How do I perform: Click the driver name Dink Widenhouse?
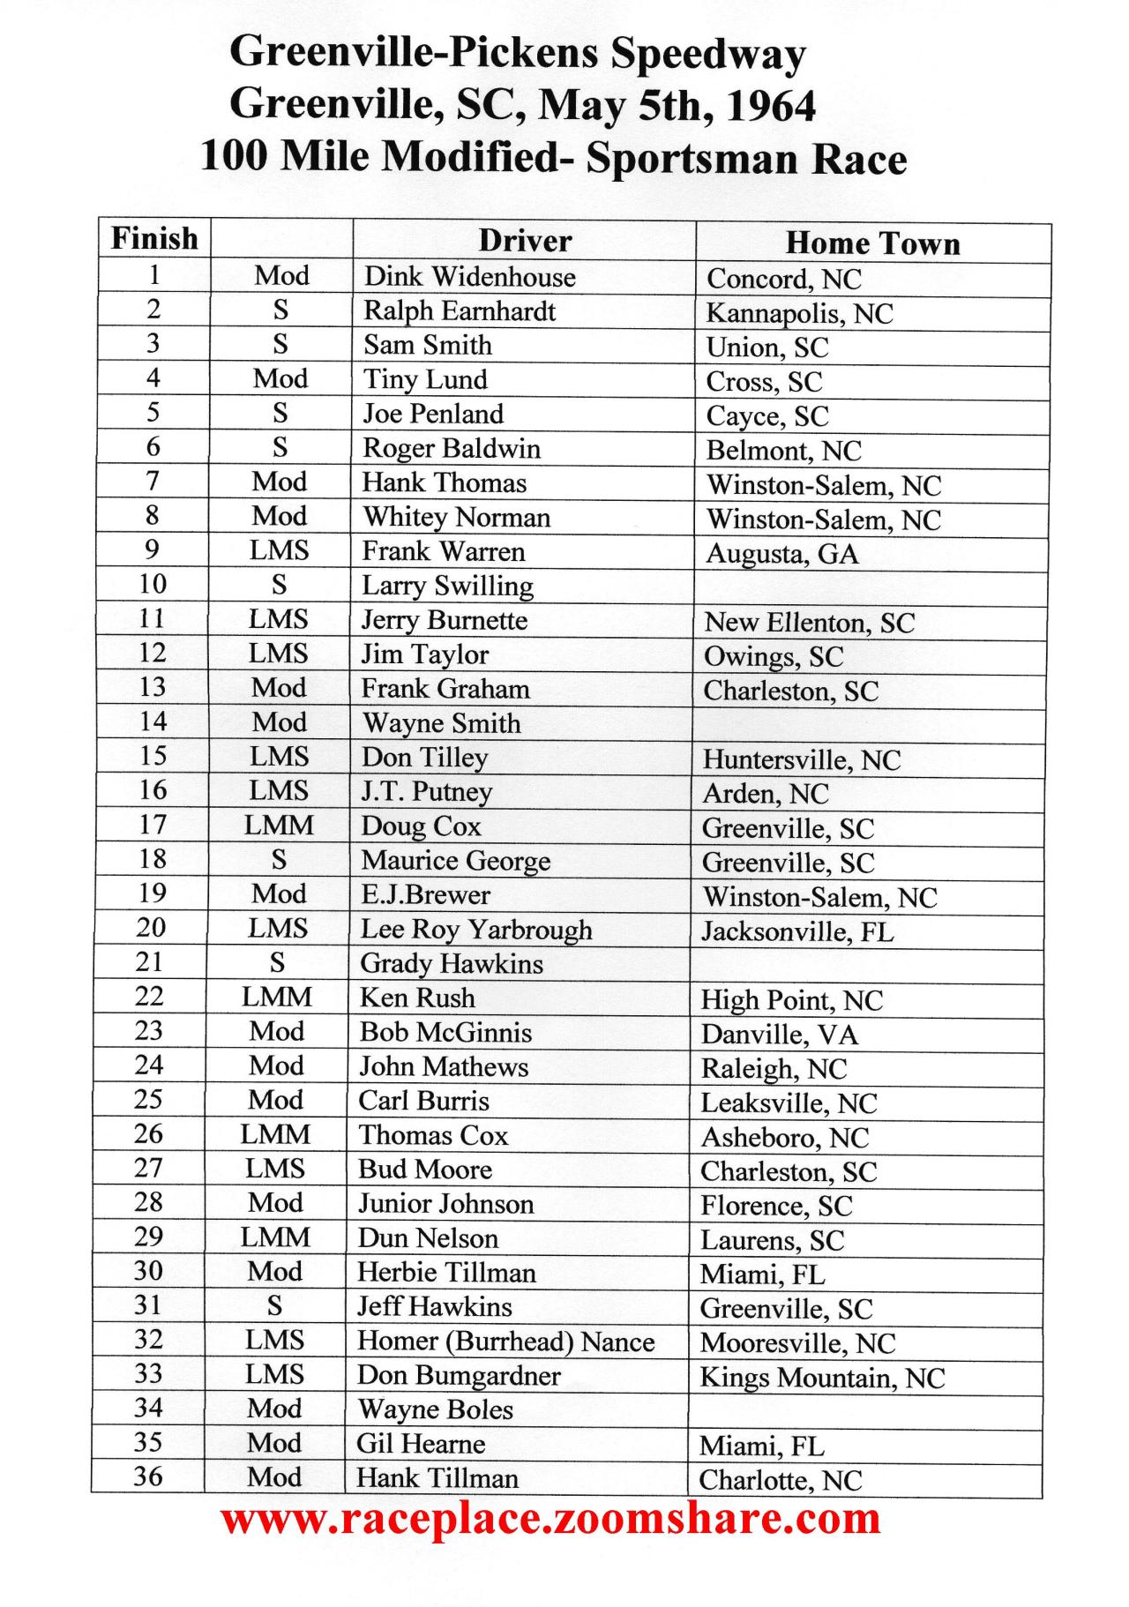click(469, 277)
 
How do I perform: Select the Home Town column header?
click(872, 243)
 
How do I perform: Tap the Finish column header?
click(154, 239)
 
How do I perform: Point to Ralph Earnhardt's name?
click(460, 311)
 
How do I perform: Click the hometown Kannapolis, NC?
click(799, 313)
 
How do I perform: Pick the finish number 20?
click(151, 927)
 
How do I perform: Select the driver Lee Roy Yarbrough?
click(476, 930)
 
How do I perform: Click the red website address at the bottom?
click(550, 1519)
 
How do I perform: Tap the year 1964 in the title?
click(772, 106)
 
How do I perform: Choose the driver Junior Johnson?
click(445, 1204)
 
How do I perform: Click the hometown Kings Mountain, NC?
click(822, 1378)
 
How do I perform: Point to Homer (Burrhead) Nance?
click(505, 1342)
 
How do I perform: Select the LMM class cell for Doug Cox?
click(279, 826)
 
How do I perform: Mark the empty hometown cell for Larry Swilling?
click(871, 587)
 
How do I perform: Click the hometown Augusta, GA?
click(781, 554)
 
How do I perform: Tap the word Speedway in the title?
click(708, 55)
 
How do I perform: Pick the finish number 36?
click(148, 1476)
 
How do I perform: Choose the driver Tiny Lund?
click(425, 380)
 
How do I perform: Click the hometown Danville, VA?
click(779, 1035)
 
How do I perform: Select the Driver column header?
click(525, 241)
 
